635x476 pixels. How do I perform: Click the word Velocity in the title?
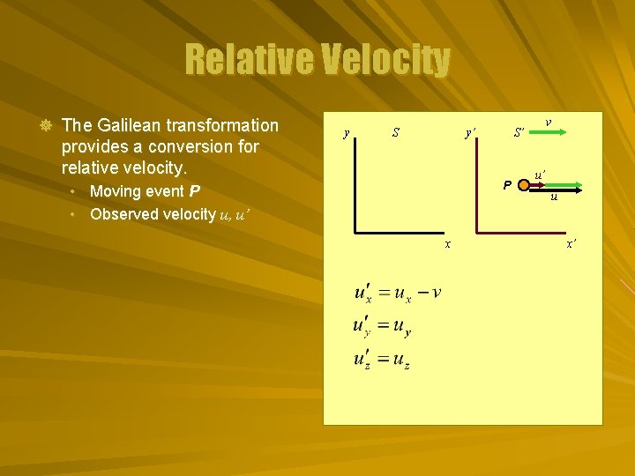pos(384,61)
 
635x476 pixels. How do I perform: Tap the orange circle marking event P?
pos(524,185)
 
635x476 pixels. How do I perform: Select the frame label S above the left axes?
pos(396,133)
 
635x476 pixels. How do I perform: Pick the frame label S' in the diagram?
pos(520,133)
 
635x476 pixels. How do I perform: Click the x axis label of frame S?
pos(447,243)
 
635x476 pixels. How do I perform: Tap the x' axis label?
pos(571,243)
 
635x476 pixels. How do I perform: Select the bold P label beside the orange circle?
pos(506,185)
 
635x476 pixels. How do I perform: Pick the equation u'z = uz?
pos(382,360)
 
